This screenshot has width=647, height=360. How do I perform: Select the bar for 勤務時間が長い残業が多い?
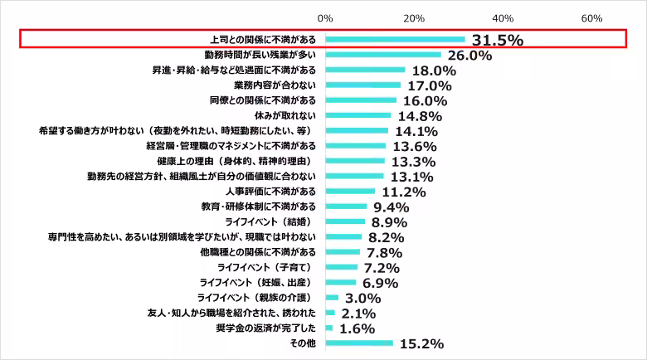point(383,55)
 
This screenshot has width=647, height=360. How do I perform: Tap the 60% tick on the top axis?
point(591,18)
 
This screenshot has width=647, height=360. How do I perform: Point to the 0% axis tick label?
point(325,18)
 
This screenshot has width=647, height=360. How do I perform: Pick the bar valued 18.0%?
point(365,70)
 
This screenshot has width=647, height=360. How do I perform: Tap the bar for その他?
point(359,343)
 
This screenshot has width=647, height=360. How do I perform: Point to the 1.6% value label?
point(358,328)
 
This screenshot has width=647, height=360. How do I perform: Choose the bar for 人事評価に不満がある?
point(350,192)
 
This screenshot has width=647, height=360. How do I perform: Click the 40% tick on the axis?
point(503,18)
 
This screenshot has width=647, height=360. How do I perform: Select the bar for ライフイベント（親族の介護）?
point(332,297)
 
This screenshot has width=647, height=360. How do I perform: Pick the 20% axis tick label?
point(414,18)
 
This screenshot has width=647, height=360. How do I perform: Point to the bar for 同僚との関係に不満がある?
point(361,100)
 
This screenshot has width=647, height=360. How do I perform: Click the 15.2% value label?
point(421,343)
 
